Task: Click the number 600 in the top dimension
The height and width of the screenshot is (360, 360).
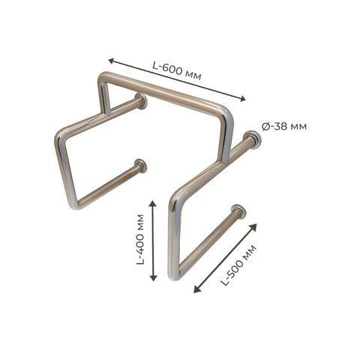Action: (x=172, y=70)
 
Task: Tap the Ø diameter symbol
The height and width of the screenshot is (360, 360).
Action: (x=266, y=127)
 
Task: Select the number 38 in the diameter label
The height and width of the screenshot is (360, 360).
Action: (x=281, y=127)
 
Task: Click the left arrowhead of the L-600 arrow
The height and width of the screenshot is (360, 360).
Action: (x=112, y=61)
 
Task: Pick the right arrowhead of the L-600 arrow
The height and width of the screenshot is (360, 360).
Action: (x=242, y=99)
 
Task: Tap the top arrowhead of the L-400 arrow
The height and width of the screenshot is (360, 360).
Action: (x=153, y=202)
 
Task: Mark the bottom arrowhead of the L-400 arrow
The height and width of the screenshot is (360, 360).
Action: (x=153, y=277)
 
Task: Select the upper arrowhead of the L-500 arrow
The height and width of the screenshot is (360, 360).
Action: (x=253, y=227)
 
